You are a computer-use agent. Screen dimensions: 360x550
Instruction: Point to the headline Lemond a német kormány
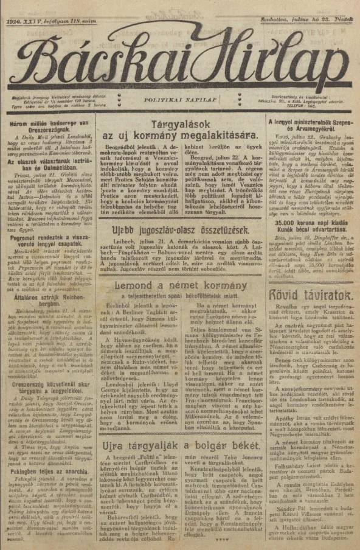180,304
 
